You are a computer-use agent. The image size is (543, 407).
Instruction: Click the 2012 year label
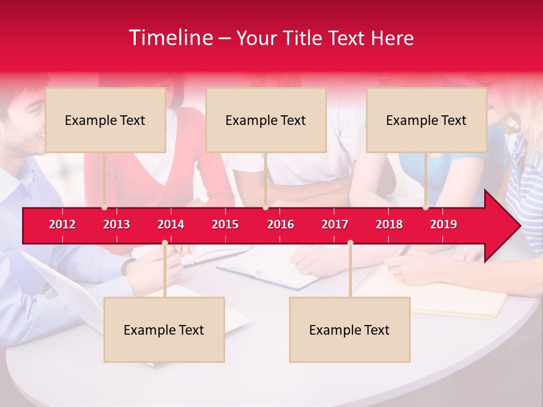(62, 224)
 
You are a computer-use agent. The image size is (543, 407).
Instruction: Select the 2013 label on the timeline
(117, 224)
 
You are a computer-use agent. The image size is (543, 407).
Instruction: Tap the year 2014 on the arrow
(171, 224)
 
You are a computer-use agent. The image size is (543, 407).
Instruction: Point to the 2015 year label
(225, 224)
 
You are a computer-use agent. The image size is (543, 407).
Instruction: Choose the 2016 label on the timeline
(281, 224)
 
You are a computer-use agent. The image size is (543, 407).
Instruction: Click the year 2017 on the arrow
(335, 224)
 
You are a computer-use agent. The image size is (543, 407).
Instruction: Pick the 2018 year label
(389, 224)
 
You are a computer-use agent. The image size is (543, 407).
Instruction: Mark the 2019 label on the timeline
(443, 224)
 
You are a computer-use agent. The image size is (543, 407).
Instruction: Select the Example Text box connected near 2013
(105, 120)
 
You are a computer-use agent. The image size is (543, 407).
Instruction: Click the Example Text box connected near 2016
(266, 120)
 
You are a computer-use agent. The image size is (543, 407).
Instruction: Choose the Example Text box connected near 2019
(426, 120)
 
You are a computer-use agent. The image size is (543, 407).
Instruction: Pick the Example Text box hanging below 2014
(164, 330)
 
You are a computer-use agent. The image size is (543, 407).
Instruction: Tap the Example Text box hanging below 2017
(350, 330)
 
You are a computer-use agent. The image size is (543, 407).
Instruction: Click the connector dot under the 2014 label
(165, 243)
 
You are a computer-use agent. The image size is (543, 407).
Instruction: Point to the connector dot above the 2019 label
(425, 207)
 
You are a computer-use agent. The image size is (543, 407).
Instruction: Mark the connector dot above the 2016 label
(265, 207)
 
